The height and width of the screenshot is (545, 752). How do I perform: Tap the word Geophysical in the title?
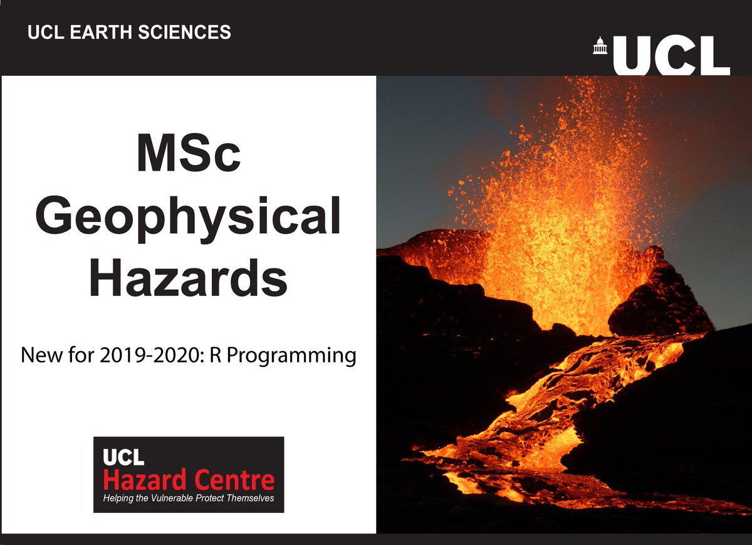[x=189, y=216]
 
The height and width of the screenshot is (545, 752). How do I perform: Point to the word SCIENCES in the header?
[x=182, y=32]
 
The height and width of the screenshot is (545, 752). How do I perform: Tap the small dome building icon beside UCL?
[x=600, y=46]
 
